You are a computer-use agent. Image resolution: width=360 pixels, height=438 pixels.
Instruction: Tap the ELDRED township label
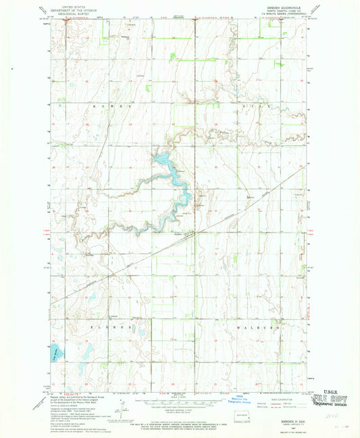point(107,326)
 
